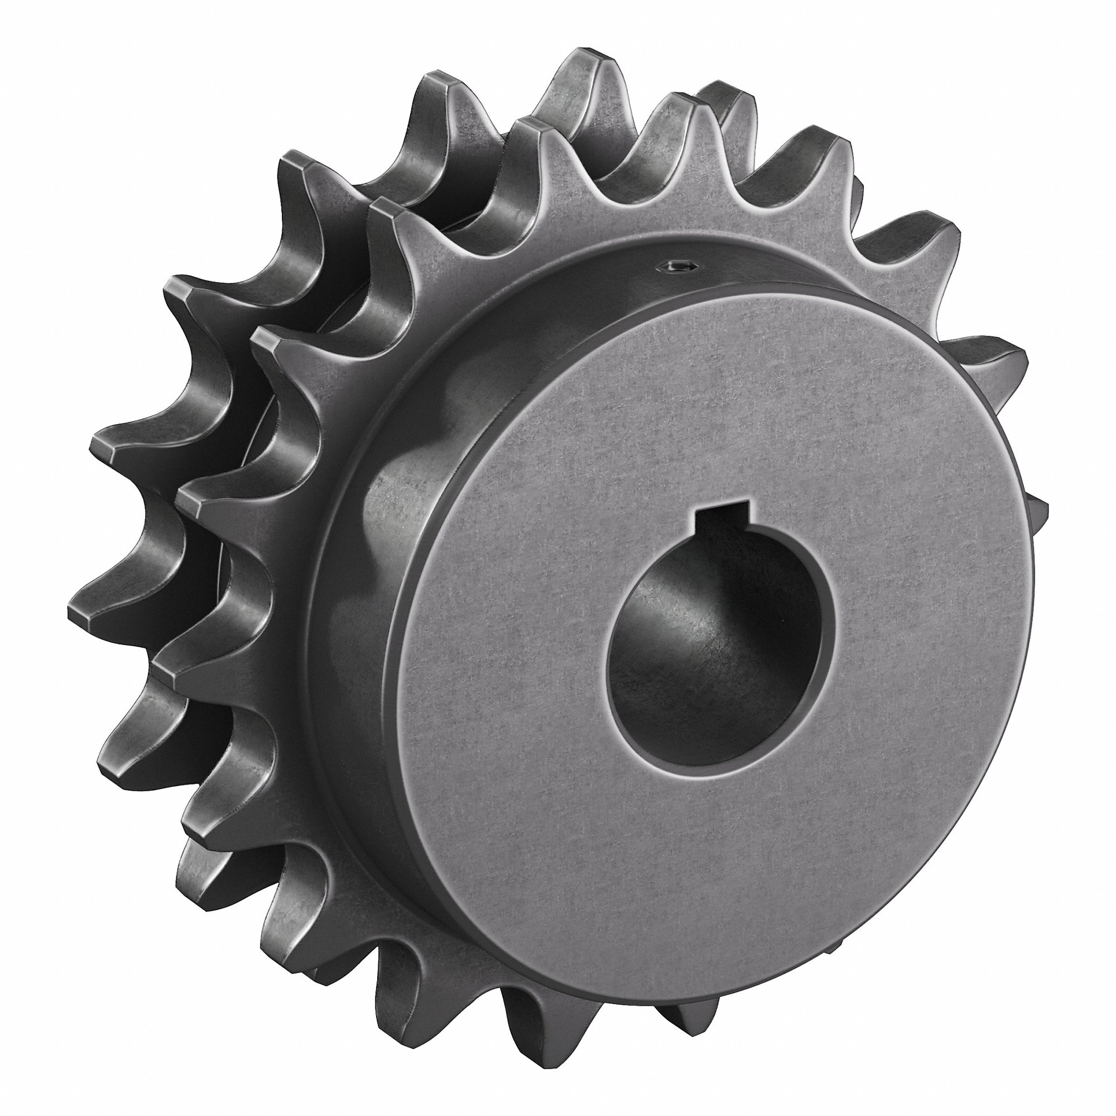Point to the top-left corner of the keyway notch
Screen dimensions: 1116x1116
(x=700, y=508)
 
